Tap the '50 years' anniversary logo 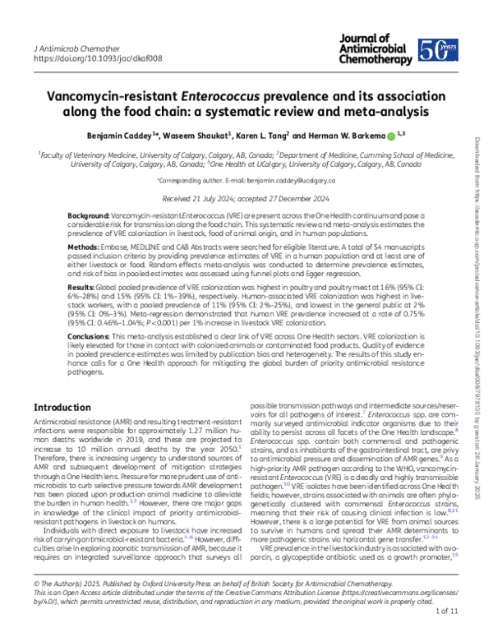439,51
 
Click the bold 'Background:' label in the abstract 88,214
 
